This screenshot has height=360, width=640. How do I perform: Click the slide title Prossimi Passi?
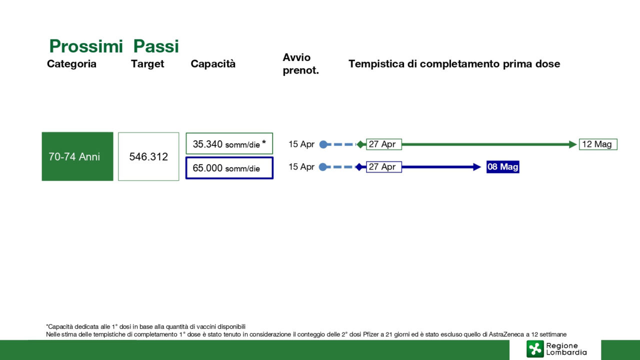[x=114, y=46]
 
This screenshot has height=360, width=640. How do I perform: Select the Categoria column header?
[x=71, y=63]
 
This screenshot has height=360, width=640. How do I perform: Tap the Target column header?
[x=147, y=63]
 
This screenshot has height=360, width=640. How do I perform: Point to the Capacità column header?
[x=213, y=63]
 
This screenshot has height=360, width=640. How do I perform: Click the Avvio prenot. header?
[x=300, y=63]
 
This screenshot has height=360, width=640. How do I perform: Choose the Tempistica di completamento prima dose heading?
[x=454, y=63]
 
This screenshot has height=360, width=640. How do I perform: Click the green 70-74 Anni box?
[x=77, y=156]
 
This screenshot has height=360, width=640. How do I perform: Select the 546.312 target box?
[x=148, y=156]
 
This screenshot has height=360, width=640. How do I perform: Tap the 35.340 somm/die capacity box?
[x=229, y=143]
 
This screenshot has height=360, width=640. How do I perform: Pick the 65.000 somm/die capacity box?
[x=229, y=168]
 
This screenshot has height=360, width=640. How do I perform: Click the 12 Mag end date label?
[x=598, y=144]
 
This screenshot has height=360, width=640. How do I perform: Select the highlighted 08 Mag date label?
[x=503, y=167]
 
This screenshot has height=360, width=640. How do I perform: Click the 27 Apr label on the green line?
[x=383, y=144]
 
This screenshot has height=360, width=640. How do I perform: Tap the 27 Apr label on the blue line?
[x=383, y=167]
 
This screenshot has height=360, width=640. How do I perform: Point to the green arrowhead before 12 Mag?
[x=572, y=144]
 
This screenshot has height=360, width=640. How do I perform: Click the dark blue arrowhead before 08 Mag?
[x=477, y=167]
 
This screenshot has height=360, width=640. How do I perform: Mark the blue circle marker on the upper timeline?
[x=323, y=144]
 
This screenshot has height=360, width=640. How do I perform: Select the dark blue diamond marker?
[x=359, y=167]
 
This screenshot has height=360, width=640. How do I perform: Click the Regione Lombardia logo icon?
[x=535, y=349]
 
